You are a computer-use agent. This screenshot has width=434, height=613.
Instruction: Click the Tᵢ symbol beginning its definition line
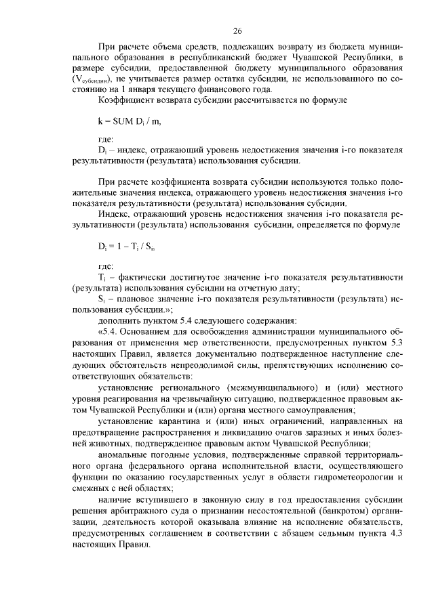[102, 278]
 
